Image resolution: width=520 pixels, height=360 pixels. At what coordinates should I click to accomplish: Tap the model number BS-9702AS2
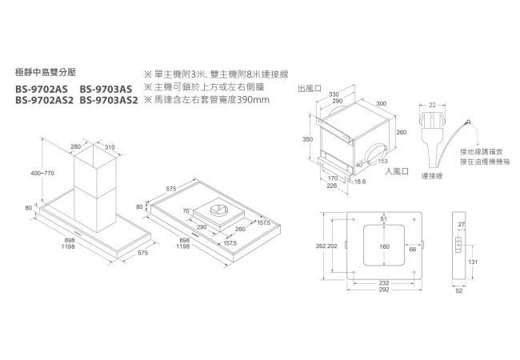(45, 101)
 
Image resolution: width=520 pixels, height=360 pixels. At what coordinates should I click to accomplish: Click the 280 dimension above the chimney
(75, 147)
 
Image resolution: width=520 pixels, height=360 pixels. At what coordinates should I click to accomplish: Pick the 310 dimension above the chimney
(110, 147)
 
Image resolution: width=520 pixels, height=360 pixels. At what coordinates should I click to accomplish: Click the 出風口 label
(308, 88)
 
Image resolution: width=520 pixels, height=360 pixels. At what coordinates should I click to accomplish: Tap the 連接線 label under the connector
(433, 175)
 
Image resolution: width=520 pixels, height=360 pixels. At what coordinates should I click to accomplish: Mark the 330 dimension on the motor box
(334, 94)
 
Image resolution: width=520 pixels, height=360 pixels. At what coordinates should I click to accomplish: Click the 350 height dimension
(307, 139)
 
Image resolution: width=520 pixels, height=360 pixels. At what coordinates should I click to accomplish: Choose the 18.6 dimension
(359, 182)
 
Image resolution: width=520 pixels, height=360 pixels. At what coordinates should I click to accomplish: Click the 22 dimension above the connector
(433, 105)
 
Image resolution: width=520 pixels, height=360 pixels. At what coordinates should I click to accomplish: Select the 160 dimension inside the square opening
(385, 246)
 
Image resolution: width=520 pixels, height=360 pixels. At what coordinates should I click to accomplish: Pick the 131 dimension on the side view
(474, 262)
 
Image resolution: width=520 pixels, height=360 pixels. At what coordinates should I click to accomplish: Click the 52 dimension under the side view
(458, 291)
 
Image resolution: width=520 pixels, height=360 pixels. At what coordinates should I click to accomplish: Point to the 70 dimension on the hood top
(186, 211)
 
